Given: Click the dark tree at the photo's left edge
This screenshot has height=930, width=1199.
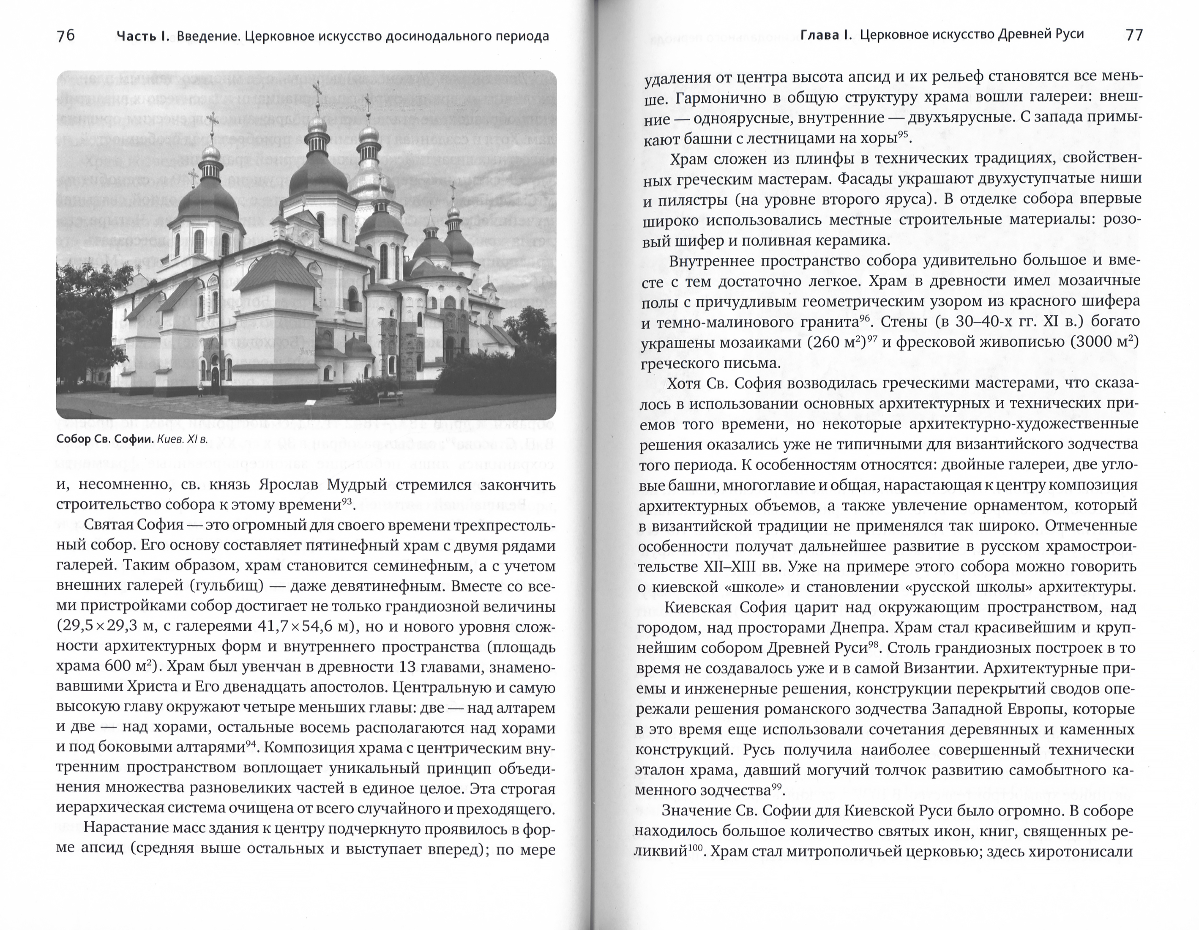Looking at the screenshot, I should point(82,324).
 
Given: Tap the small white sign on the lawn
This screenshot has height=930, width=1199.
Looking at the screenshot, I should point(311,403).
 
